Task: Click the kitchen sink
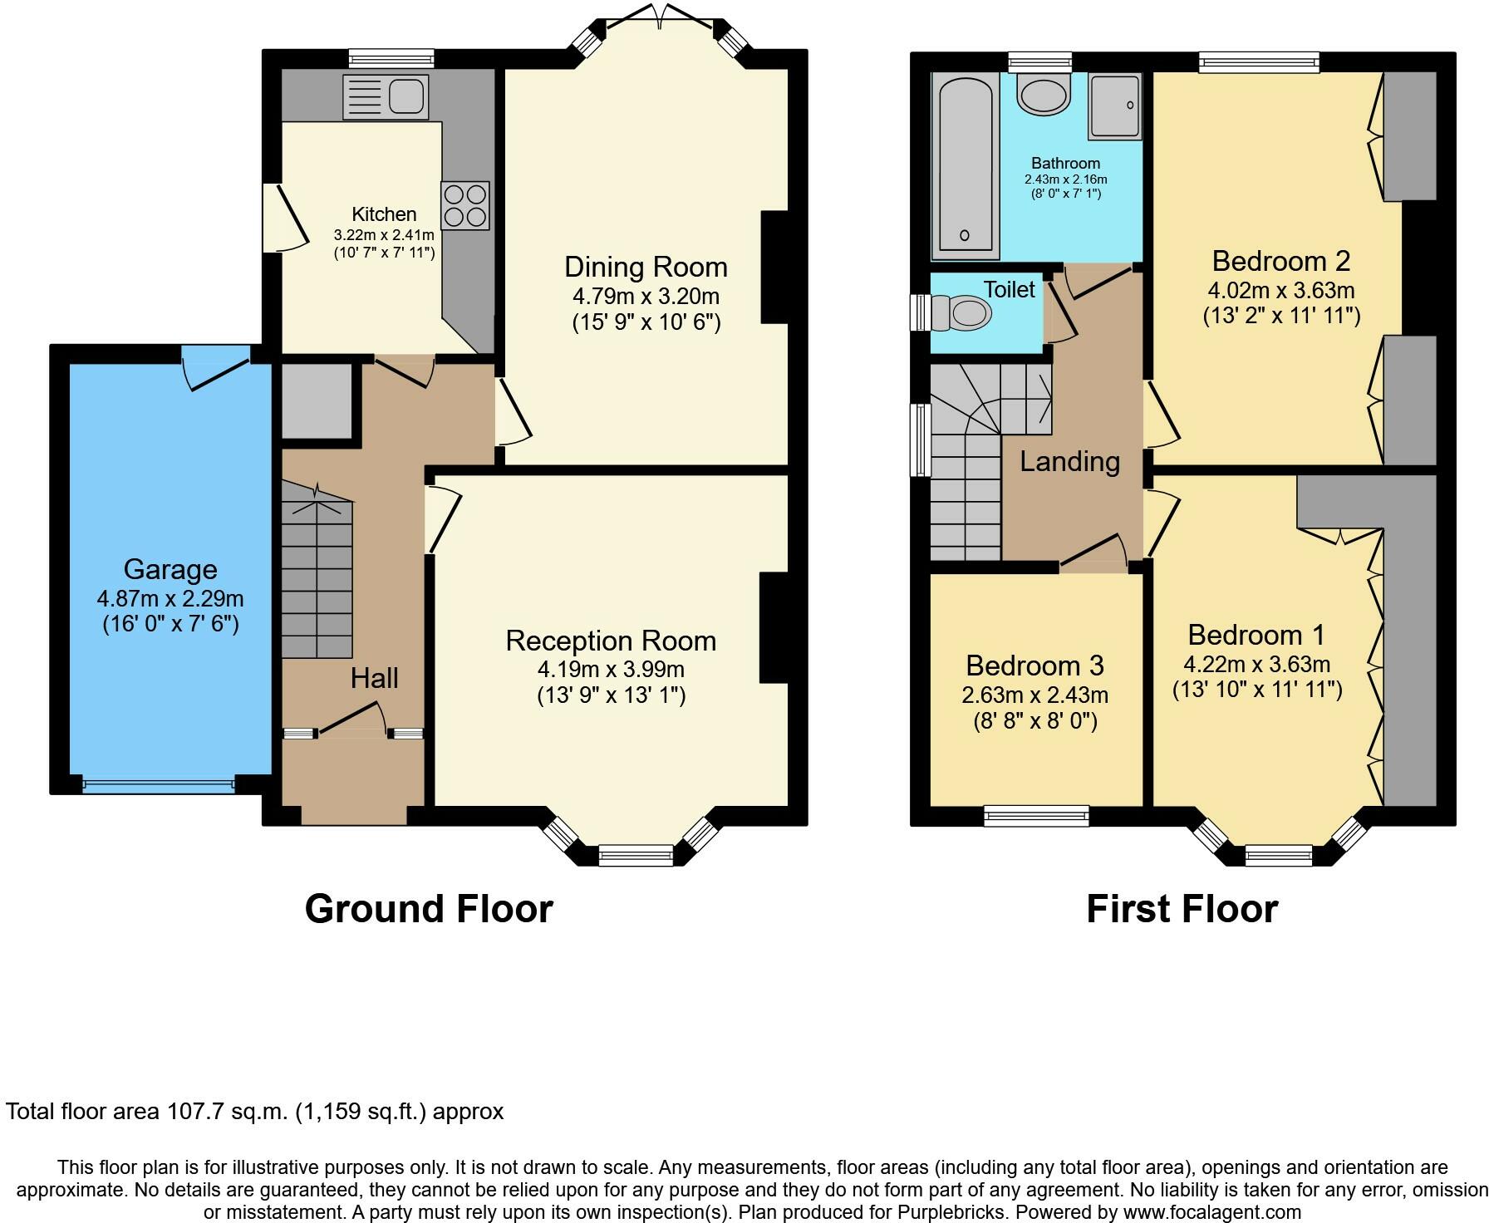point(386,96)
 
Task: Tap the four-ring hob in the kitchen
point(464,205)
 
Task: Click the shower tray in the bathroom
point(1115,106)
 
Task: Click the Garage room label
point(170,569)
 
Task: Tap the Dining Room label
point(646,267)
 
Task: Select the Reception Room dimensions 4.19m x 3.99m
point(612,669)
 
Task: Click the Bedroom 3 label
point(1035,666)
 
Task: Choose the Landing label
point(1070,461)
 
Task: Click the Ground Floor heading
point(429,909)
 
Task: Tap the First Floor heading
point(1182,909)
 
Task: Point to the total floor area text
point(255,1112)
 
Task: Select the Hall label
point(375,678)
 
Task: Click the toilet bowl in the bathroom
point(1044,95)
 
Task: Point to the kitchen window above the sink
point(391,58)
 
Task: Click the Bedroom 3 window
point(1036,816)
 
